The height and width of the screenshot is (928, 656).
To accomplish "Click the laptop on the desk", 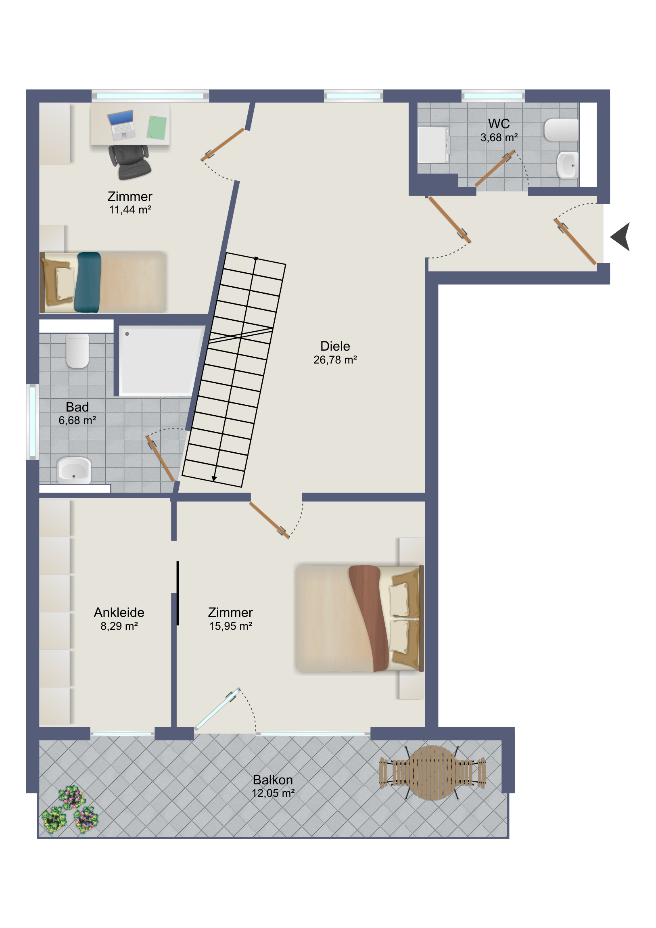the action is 122,125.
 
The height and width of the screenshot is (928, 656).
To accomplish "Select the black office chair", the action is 130,162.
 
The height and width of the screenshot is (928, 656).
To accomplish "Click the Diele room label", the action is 335,346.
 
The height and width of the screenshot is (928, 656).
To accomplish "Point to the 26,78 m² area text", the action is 335,360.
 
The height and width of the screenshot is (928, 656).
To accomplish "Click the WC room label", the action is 499,124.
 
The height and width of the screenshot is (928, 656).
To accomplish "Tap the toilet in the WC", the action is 561,130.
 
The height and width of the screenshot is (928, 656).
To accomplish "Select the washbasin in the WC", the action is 568,165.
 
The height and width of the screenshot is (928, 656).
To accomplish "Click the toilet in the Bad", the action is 77,351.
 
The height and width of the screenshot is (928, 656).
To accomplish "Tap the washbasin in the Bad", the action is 74,470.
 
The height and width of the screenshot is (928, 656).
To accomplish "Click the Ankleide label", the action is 119,612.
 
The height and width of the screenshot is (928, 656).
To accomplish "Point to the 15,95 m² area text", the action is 231,626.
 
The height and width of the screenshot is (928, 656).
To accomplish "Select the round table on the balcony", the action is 432,773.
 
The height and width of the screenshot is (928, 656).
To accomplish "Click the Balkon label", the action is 273,780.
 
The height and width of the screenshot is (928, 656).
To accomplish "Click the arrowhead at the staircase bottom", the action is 214,479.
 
